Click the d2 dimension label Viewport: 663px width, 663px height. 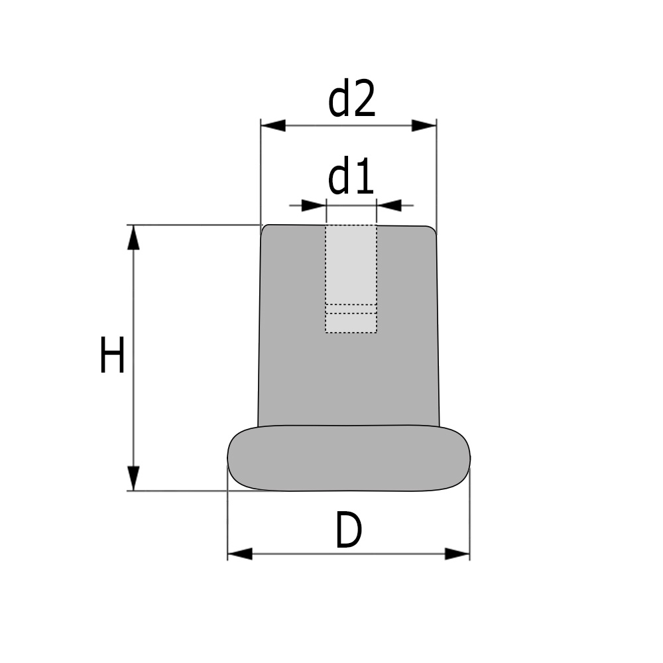click(352, 99)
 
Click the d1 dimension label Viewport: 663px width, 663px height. click(351, 176)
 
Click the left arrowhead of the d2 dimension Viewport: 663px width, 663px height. click(273, 125)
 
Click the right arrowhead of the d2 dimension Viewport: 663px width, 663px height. click(424, 125)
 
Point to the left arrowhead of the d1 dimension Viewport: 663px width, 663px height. click(314, 206)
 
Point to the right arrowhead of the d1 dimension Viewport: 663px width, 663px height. click(389, 206)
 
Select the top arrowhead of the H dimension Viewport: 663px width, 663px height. click(133, 237)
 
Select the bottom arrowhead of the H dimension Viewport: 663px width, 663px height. click(133, 478)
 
